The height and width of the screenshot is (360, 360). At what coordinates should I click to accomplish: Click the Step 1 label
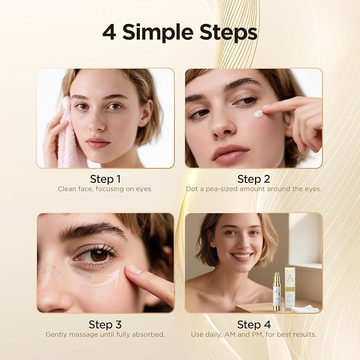point(105,179)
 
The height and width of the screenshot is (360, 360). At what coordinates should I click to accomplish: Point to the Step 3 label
point(105,324)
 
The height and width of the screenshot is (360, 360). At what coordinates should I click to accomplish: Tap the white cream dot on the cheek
point(258,113)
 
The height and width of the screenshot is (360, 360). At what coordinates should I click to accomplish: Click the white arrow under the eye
point(109,278)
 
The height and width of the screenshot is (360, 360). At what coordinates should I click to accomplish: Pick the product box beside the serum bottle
point(290,289)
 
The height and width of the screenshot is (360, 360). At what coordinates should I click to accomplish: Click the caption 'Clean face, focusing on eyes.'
point(105,189)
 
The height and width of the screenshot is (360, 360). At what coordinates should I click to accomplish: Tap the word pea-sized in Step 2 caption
point(226,189)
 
